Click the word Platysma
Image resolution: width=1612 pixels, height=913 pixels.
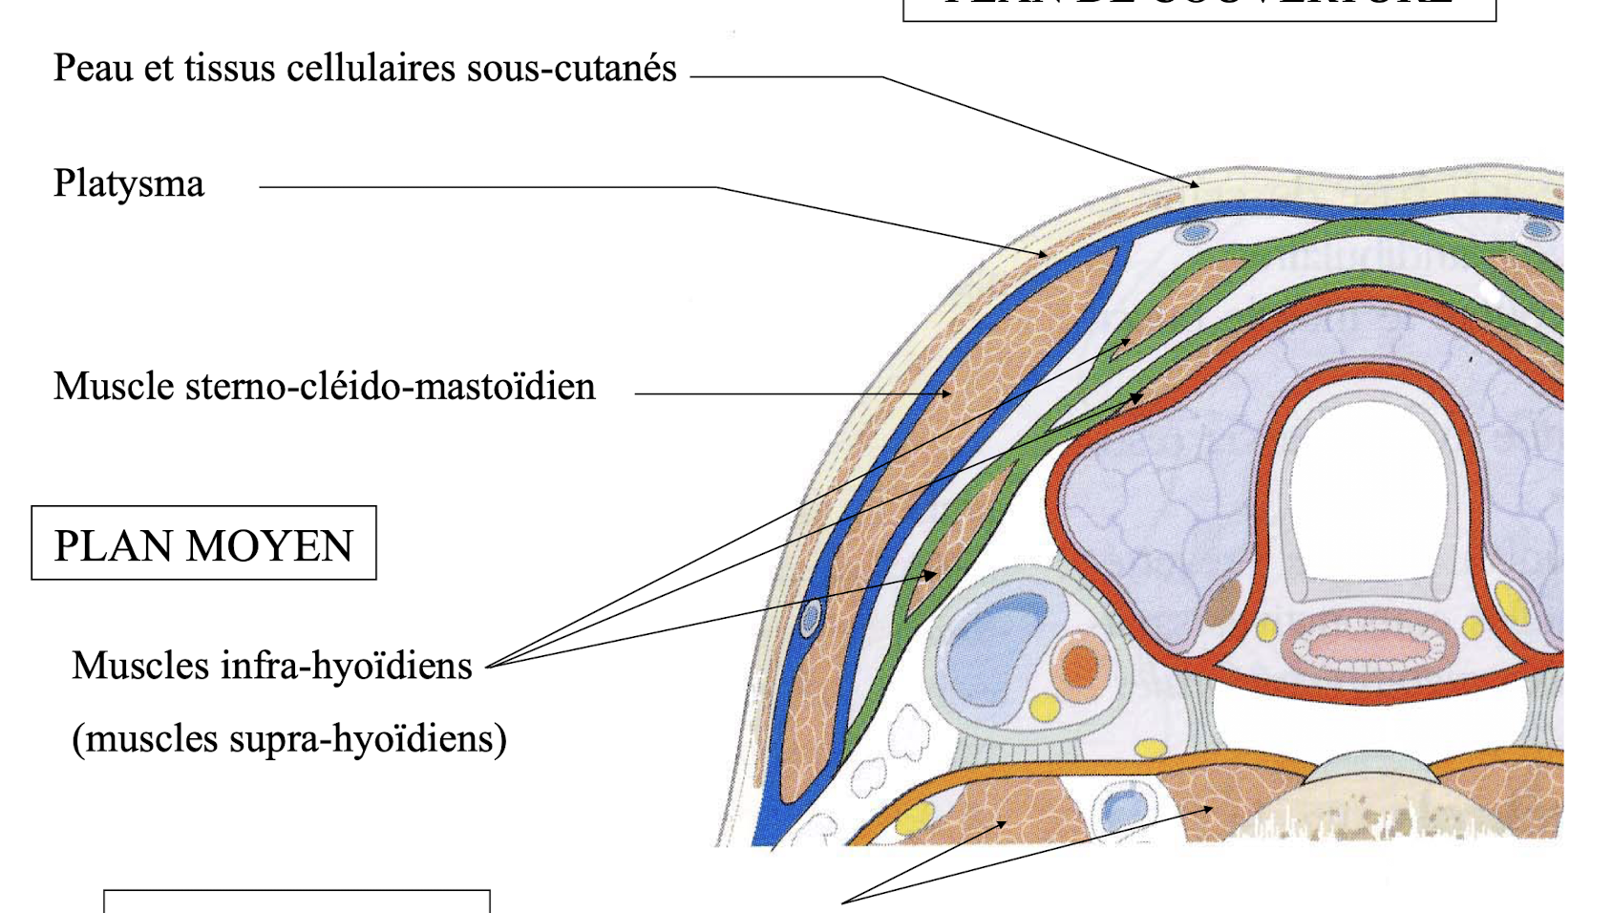click(x=128, y=183)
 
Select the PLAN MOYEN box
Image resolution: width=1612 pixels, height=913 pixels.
click(x=203, y=543)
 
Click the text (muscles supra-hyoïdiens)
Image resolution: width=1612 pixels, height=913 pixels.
click(x=289, y=738)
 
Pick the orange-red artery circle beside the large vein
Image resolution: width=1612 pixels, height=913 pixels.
click(x=1080, y=665)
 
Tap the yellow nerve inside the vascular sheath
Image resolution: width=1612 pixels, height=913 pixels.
click(x=1045, y=707)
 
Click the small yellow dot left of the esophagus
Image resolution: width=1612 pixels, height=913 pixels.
click(x=1266, y=630)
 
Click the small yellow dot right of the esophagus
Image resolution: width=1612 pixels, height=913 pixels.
click(x=1473, y=628)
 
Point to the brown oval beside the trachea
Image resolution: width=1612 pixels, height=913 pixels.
click(x=1221, y=603)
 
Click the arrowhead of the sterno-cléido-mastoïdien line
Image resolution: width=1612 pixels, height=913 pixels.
click(x=947, y=393)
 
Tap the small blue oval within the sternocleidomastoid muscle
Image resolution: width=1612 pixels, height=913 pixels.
click(x=810, y=618)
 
